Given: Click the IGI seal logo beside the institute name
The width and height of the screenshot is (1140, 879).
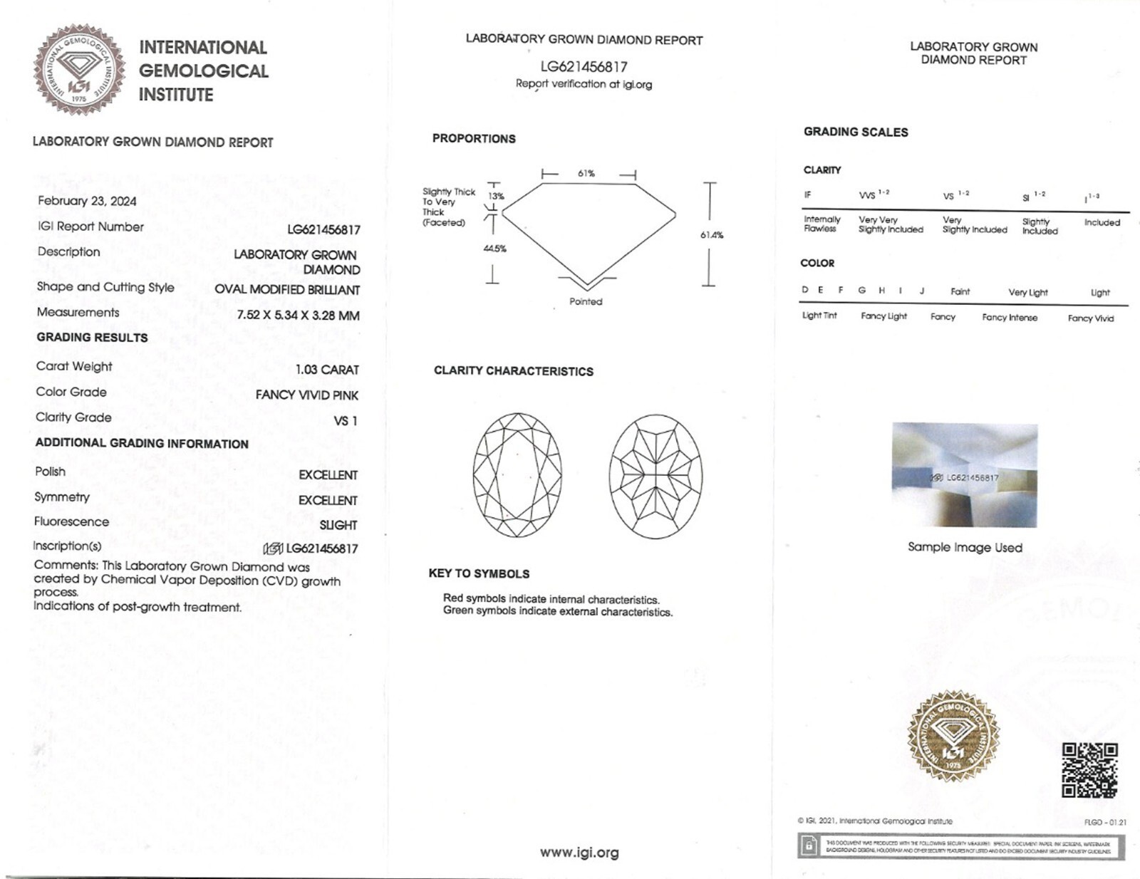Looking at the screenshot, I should [x=79, y=69].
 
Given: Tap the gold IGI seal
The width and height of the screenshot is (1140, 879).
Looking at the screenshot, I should [x=953, y=736].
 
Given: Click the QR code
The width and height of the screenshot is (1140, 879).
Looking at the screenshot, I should [x=1089, y=769].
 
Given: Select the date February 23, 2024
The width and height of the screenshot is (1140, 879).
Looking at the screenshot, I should [x=87, y=201].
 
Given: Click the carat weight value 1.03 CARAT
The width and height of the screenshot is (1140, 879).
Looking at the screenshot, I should [x=327, y=370].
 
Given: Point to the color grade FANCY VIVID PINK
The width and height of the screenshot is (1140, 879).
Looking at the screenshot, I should [x=307, y=395].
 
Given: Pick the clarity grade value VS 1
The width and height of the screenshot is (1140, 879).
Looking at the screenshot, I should [x=346, y=421].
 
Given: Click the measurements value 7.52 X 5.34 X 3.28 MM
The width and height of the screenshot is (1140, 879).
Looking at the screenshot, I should [x=298, y=315].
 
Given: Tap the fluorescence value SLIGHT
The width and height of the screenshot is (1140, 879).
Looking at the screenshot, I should [x=338, y=525].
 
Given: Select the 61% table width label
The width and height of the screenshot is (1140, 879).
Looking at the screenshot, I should [x=586, y=173].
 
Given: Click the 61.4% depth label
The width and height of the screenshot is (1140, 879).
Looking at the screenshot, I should [x=712, y=235].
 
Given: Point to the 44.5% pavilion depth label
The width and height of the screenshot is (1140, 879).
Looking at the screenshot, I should [x=494, y=249].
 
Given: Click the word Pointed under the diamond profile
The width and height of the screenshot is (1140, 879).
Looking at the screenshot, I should [x=586, y=301].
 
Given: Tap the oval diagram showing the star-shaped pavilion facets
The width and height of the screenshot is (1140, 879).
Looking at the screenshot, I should [x=655, y=475].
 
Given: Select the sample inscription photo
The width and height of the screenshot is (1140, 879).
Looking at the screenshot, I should [x=965, y=475].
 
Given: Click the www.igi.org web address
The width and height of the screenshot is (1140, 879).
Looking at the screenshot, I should [x=579, y=853].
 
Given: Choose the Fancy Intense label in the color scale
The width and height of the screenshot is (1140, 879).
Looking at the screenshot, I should [x=1010, y=318].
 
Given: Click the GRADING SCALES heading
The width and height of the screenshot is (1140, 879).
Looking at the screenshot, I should [x=856, y=132].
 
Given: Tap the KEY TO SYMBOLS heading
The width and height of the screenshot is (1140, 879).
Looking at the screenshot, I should [x=479, y=573].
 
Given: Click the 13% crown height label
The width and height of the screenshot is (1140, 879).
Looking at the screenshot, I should [x=496, y=196].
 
